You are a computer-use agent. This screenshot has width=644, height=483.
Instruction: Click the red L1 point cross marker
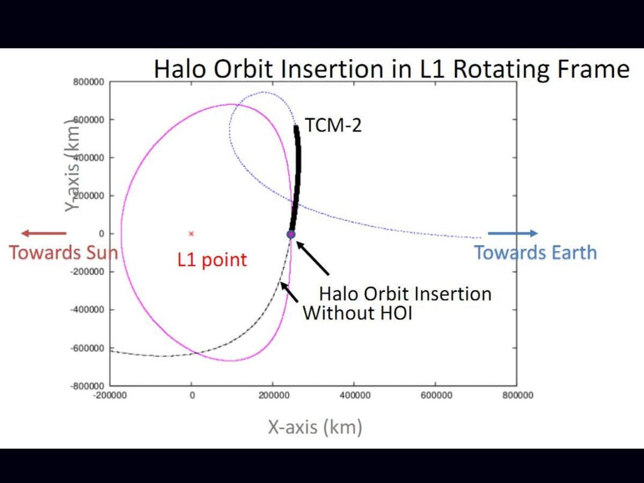click(191, 233)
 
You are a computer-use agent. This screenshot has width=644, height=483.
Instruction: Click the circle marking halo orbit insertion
click(291, 235)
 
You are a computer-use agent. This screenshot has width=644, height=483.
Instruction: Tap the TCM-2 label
click(333, 125)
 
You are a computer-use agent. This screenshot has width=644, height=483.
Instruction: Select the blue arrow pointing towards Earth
click(513, 233)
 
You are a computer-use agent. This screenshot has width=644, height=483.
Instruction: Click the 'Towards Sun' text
click(63, 252)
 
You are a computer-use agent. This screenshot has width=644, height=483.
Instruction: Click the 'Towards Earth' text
click(535, 252)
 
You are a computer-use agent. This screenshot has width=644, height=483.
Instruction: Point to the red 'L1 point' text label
click(213, 260)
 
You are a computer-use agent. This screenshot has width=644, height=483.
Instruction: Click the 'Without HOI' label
click(357, 312)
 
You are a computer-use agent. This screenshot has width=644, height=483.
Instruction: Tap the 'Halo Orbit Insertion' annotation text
click(405, 294)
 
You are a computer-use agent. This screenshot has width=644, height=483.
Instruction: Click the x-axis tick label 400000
click(355, 396)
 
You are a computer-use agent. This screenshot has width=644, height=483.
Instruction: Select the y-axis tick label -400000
click(88, 310)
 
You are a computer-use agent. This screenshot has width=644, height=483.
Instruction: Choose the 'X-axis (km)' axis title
click(315, 427)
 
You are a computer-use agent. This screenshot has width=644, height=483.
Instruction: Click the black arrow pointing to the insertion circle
click(313, 259)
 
